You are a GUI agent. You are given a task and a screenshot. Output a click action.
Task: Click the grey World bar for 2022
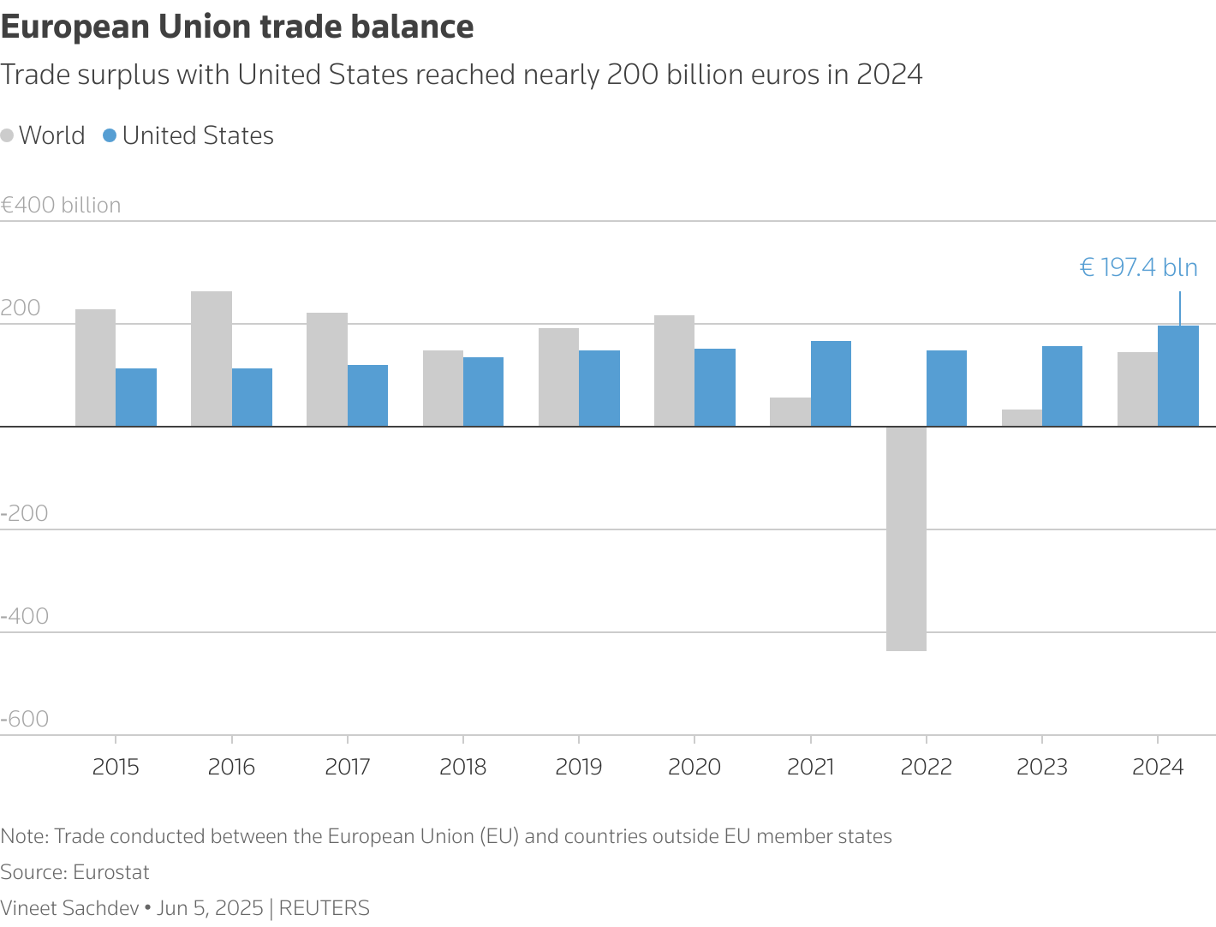(x=906, y=539)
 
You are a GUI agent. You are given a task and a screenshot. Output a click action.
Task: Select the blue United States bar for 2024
(x=1178, y=376)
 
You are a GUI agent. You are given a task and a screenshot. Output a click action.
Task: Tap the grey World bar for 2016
(x=212, y=359)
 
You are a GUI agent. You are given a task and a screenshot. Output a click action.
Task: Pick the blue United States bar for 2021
(x=831, y=384)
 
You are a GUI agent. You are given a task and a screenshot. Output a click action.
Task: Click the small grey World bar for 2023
(x=1022, y=418)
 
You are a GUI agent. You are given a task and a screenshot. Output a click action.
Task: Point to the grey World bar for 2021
(x=790, y=412)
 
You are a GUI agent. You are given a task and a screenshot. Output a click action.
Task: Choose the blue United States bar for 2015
(x=136, y=398)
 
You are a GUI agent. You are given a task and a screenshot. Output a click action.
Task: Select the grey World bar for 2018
(x=444, y=388)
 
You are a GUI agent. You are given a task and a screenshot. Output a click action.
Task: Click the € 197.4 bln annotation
(x=1138, y=267)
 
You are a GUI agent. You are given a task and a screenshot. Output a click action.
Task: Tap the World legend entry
(x=43, y=135)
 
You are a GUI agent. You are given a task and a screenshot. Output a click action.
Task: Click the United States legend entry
(x=188, y=135)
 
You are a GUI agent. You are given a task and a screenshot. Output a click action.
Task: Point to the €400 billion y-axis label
(x=61, y=205)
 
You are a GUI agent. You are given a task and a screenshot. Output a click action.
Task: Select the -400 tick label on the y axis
(x=24, y=616)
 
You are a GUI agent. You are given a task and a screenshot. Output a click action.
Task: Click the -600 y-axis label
(x=24, y=719)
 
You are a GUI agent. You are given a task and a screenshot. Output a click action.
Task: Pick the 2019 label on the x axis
(x=579, y=767)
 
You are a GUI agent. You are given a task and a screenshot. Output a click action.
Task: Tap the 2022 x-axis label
(x=927, y=767)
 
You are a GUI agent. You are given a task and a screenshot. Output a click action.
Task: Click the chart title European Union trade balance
(x=237, y=27)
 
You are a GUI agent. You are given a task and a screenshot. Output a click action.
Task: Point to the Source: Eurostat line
(x=75, y=872)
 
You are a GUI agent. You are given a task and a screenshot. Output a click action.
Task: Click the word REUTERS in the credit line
(x=324, y=908)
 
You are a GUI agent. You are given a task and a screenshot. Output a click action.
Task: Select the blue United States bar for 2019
(x=599, y=388)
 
